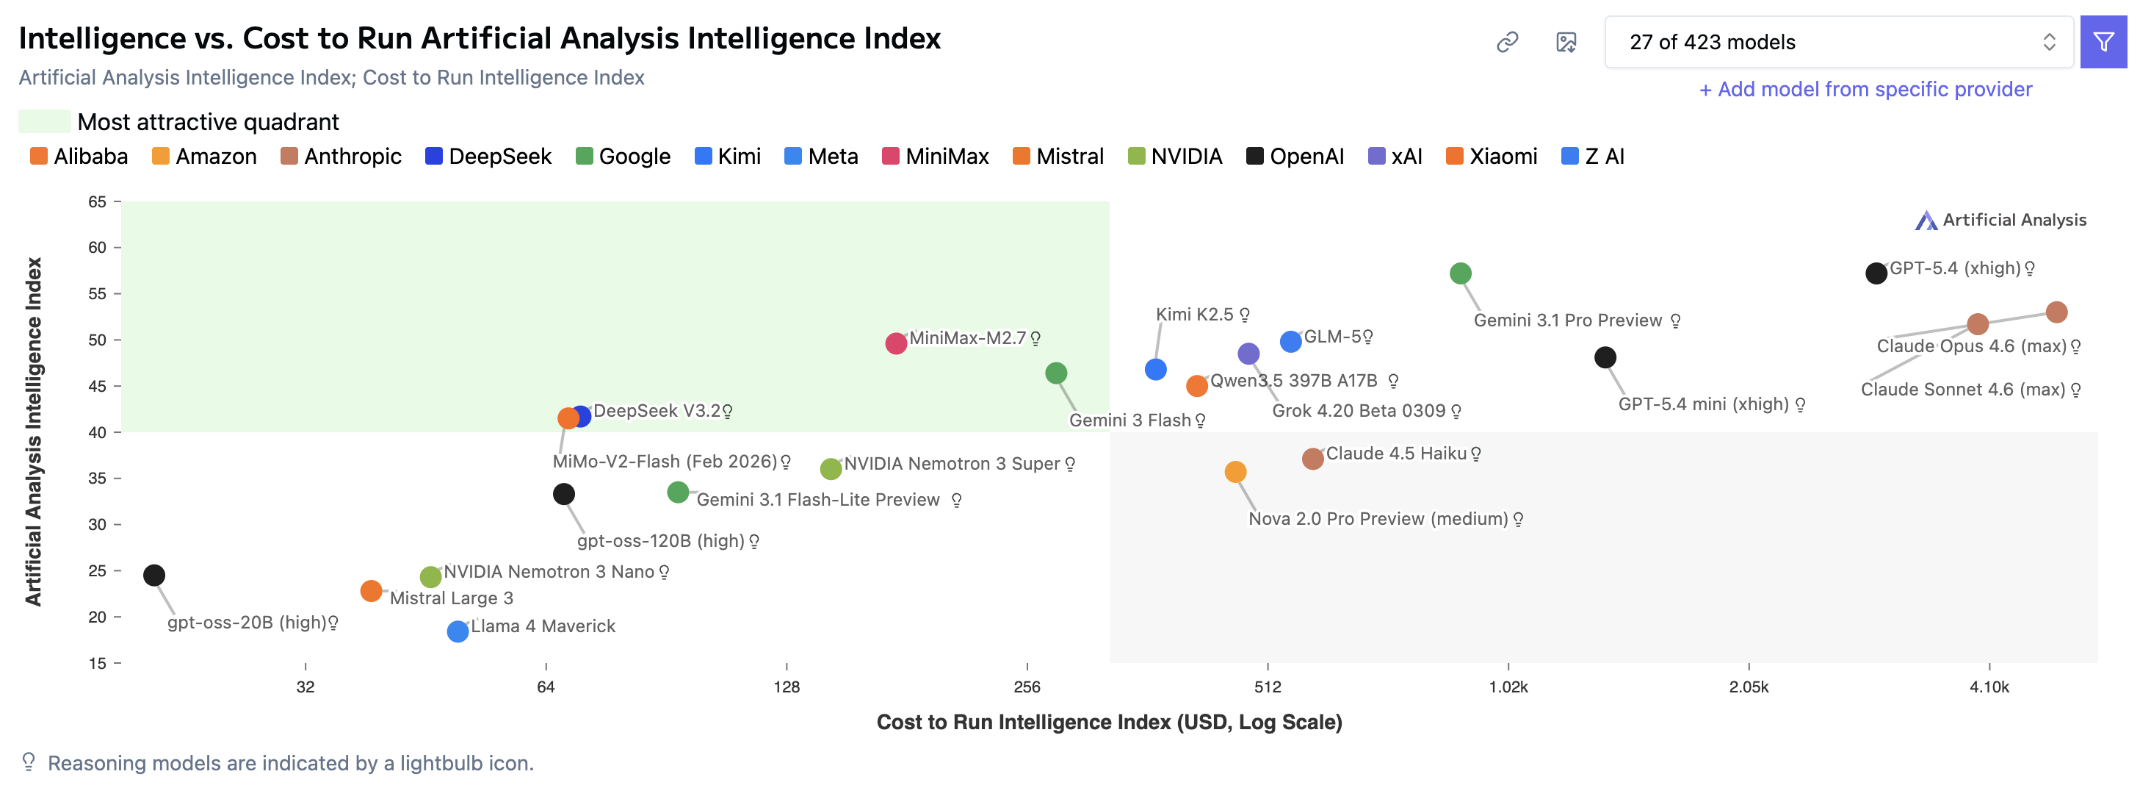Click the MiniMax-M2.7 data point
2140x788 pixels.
(895, 343)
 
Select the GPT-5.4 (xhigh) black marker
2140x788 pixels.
(1876, 273)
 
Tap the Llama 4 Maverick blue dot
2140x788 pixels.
(458, 631)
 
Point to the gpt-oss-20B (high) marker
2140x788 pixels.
(153, 576)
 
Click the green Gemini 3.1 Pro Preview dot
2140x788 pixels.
(1461, 273)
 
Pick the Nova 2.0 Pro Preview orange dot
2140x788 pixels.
(1235, 472)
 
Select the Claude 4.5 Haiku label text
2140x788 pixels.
(1395, 454)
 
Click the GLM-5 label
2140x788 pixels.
(1331, 337)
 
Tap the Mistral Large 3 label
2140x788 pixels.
(451, 598)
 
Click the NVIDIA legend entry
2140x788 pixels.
(1175, 157)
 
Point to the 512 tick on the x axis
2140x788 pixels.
(1267, 687)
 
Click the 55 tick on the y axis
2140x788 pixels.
(97, 293)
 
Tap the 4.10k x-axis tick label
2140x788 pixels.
(1989, 687)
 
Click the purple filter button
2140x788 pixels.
(2103, 42)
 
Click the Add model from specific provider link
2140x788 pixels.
(1865, 89)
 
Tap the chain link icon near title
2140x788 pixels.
(1507, 42)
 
